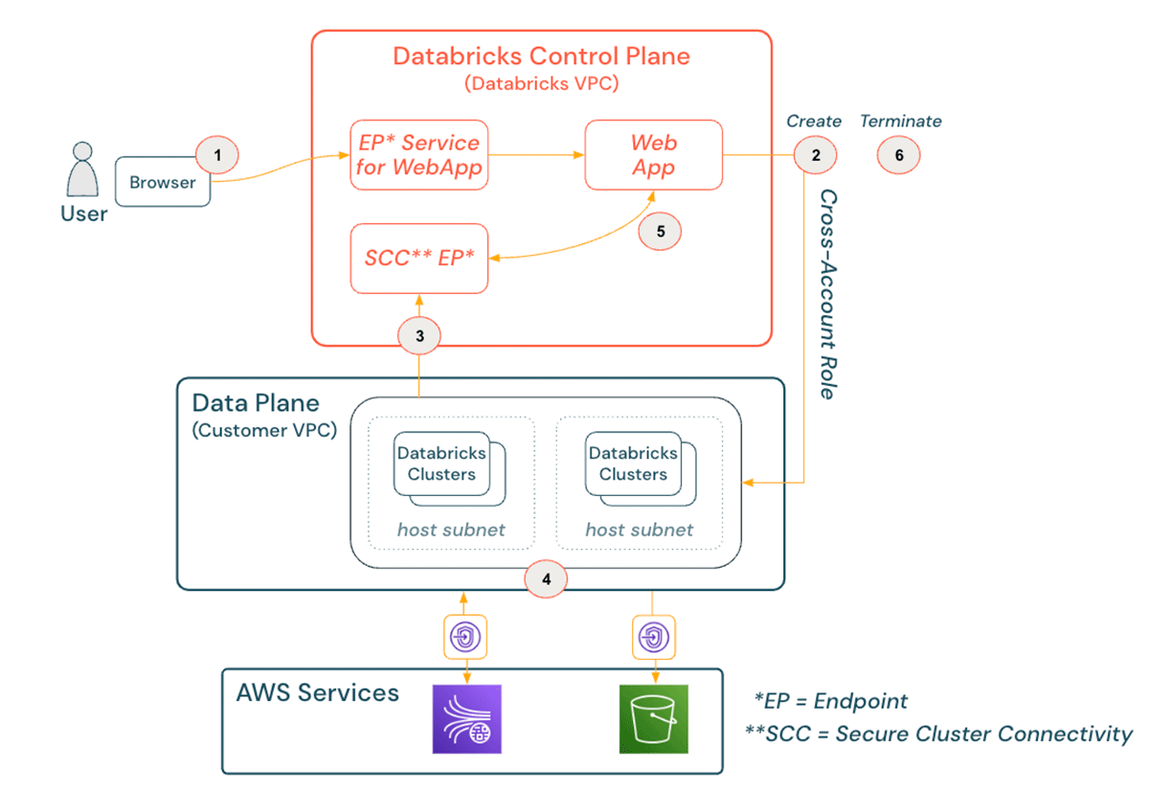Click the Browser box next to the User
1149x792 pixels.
coord(163,182)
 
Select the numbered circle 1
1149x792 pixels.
coord(217,154)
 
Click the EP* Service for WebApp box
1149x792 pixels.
coord(419,155)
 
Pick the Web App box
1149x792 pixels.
coord(654,155)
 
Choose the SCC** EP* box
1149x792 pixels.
coord(419,259)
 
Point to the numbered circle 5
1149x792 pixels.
coord(661,231)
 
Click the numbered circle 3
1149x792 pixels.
coord(418,335)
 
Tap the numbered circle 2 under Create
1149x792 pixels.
coord(815,154)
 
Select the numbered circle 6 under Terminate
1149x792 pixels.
coord(899,154)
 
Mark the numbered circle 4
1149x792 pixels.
coord(546,578)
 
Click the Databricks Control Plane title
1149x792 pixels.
coord(541,56)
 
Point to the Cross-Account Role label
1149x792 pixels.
coord(829,294)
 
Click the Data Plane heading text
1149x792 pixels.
coord(256,401)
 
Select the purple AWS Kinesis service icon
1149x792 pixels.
coord(467,719)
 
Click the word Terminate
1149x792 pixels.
coord(900,122)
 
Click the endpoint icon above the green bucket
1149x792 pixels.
coord(652,636)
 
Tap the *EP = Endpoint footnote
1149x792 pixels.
coord(831,701)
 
